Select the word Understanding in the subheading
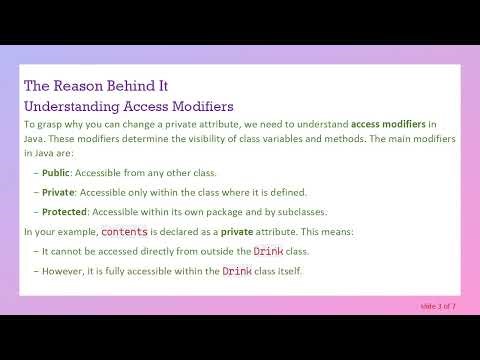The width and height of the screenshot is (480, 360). [x=73, y=105]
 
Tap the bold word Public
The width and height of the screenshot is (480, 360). [x=56, y=173]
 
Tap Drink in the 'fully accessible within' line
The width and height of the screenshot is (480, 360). [x=236, y=270]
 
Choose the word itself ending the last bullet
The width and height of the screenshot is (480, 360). [x=287, y=270]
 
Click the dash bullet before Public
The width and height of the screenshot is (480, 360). [x=35, y=173]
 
